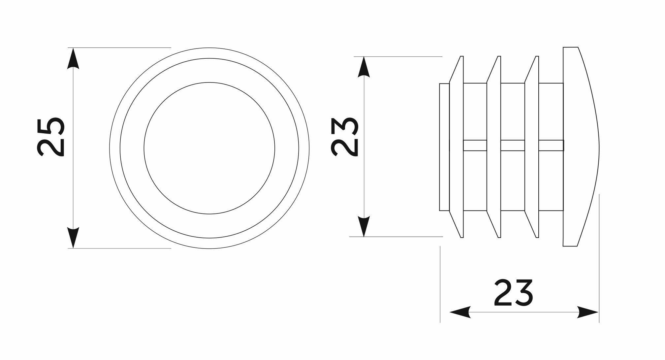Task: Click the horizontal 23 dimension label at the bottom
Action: pyautogui.click(x=514, y=293)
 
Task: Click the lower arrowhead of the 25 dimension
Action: pyautogui.click(x=73, y=238)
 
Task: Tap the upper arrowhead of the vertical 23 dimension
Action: pyautogui.click(x=364, y=67)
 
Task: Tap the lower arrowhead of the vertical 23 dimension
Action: pyautogui.click(x=364, y=226)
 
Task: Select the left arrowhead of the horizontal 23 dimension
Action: pyautogui.click(x=460, y=312)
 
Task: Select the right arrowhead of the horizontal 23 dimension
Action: pyautogui.click(x=588, y=312)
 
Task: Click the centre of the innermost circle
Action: pyautogui.click(x=209, y=148)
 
